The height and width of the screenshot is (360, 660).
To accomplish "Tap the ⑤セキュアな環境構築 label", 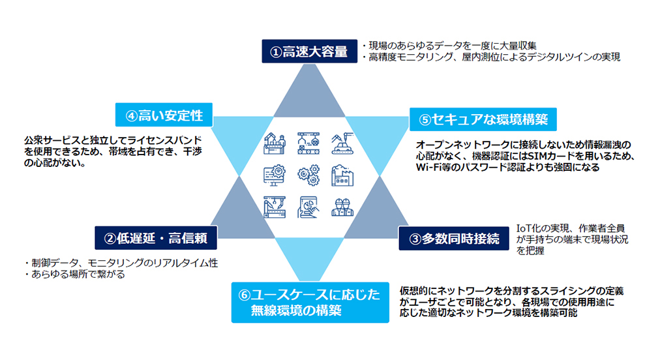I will point(483,119).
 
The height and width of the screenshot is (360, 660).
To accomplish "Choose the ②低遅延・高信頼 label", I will point(157,239).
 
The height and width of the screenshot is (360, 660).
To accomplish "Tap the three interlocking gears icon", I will point(307,175).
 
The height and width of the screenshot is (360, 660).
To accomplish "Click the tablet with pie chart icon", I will point(308,207).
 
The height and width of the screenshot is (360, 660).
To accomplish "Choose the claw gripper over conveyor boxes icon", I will point(307,142).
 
